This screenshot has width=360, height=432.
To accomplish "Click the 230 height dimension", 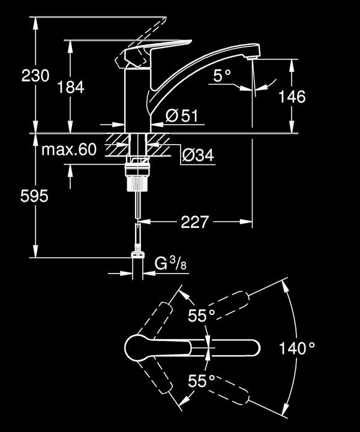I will [x=35, y=76].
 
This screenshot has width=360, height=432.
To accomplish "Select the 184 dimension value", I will [x=71, y=87].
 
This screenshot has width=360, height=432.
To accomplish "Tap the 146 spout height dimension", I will [x=292, y=96].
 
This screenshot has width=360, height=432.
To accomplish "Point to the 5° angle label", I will [x=222, y=76].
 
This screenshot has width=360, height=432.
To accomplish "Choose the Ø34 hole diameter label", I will [x=197, y=155].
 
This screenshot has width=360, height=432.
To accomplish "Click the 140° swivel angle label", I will [x=298, y=348].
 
